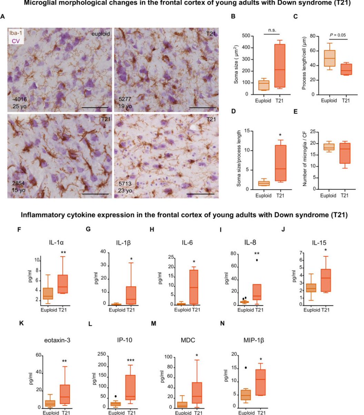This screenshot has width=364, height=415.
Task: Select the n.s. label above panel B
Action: pyautogui.click(x=269, y=30)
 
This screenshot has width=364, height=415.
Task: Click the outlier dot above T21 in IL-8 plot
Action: pyautogui.click(x=256, y=260)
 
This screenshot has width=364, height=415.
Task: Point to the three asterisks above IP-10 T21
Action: pyautogui.click(x=130, y=360)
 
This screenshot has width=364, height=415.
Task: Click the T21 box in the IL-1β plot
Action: pyautogui.click(x=131, y=295)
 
